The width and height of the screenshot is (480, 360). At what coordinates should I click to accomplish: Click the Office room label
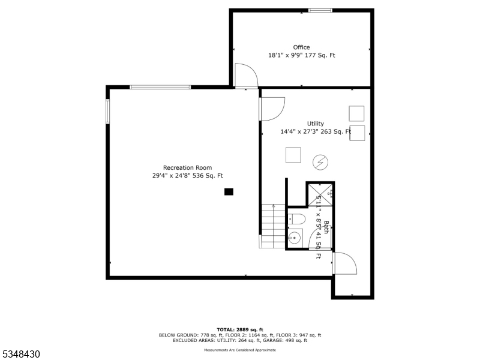pyautogui.click(x=301, y=47)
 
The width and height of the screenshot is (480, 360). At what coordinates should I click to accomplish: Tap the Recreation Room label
pyautogui.click(x=187, y=167)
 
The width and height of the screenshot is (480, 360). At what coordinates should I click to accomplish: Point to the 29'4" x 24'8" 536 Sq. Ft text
pyautogui.click(x=187, y=175)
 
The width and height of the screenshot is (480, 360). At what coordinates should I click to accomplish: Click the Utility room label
pyautogui.click(x=315, y=124)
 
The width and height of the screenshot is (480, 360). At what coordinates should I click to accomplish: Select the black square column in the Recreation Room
pyautogui.click(x=228, y=192)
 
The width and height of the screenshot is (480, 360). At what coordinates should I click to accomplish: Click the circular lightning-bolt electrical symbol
pyautogui.click(x=320, y=161)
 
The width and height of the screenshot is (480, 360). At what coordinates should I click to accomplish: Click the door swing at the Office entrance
pyautogui.click(x=246, y=76)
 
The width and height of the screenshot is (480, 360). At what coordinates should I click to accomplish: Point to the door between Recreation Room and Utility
pyautogui.click(x=271, y=109)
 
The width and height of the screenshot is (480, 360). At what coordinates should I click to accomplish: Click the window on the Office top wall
pyautogui.click(x=320, y=10)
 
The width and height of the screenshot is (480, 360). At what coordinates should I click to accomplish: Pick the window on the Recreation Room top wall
pyautogui.click(x=160, y=88)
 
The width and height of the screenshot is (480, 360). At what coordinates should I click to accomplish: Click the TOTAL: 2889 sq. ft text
pyautogui.click(x=239, y=329)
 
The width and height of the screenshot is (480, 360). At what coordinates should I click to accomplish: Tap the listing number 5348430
pyautogui.click(x=20, y=354)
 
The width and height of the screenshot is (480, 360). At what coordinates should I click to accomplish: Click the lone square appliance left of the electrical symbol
pyautogui.click(x=293, y=155)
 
